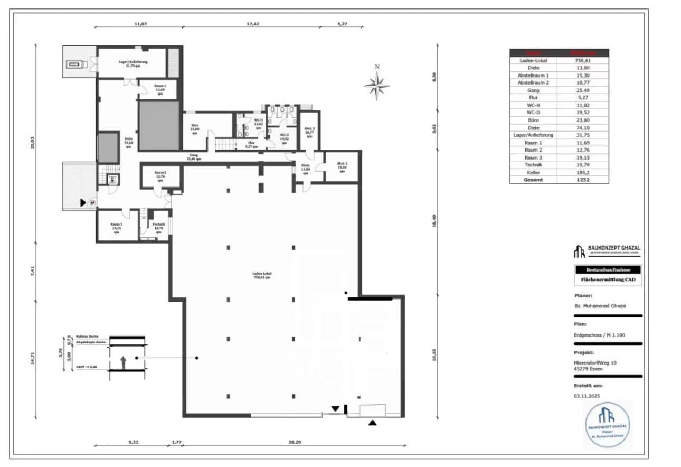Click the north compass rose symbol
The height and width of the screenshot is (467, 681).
(377, 85)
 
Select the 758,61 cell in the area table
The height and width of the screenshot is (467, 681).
(582, 61)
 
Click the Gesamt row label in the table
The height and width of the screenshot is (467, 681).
(533, 180)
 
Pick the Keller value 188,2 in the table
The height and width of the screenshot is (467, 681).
(582, 172)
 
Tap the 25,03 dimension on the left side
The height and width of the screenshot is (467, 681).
(32, 143)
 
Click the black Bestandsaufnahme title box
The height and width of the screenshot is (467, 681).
(608, 270)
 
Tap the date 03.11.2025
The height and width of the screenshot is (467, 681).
(587, 395)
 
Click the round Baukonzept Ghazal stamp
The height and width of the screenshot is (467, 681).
(608, 424)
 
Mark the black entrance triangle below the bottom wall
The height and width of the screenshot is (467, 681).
(373, 422)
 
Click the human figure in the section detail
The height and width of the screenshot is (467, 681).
(123, 362)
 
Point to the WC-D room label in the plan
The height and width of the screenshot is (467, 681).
(285, 137)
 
